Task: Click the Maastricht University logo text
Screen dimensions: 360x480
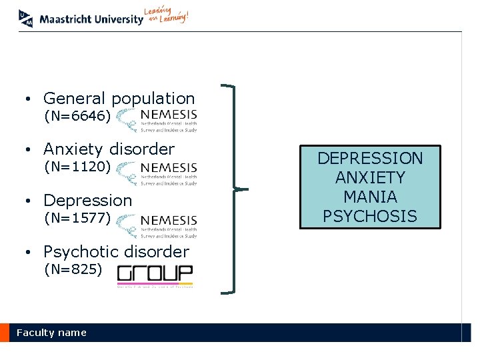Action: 91,19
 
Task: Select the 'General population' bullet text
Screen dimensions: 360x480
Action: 119,99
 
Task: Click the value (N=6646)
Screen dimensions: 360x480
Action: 77,117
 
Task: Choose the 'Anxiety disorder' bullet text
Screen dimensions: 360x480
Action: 109,149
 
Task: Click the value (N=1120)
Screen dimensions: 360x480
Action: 77,167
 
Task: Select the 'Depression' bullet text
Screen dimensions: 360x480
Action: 88,200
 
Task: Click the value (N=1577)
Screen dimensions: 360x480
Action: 77,217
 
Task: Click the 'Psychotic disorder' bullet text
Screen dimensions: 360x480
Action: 116,251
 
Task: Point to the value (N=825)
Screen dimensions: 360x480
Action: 73,269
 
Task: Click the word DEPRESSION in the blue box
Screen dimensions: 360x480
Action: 370,159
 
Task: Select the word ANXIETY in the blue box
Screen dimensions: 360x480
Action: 370,177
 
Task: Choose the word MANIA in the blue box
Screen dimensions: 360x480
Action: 370,197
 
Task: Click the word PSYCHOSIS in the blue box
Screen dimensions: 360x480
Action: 370,216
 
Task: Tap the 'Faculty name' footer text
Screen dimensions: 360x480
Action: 51,333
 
